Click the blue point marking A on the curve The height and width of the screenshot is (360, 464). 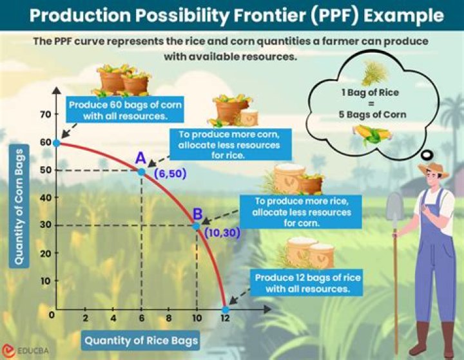point(141,171)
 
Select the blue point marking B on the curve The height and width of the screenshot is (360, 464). point(197,225)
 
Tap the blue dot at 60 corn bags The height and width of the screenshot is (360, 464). point(57,142)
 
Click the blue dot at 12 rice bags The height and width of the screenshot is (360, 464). point(225,309)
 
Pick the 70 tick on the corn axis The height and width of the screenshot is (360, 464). point(44,115)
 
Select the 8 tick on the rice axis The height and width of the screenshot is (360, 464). point(169,319)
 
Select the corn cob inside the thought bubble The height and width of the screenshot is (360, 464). point(372,135)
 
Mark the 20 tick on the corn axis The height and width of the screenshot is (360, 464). point(44,253)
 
